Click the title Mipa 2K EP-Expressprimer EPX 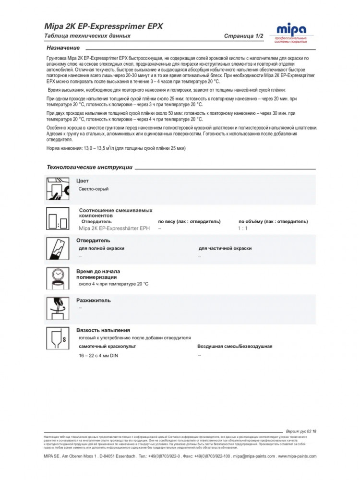click(x=103, y=26)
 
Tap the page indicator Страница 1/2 click(x=243, y=36)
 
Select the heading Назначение click(x=63, y=48)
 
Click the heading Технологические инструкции click(x=89, y=168)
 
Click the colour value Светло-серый click(x=94, y=189)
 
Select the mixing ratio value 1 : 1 click(x=242, y=228)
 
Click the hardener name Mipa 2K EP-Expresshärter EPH click(x=114, y=228)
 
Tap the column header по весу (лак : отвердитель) click(x=189, y=221)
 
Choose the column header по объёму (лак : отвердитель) click(x=273, y=221)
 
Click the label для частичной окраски click(x=225, y=248)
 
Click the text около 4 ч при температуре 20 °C click(x=113, y=284)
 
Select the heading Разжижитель click(x=94, y=300)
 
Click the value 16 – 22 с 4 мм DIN click(x=98, y=356)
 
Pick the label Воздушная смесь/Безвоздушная click(x=235, y=346)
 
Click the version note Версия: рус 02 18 click(x=301, y=432)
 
